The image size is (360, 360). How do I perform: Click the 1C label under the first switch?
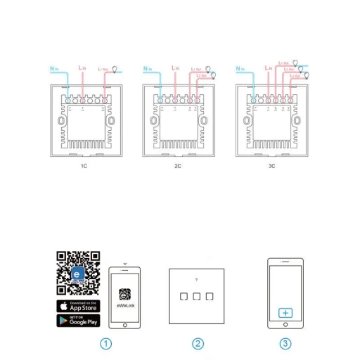click(x=84, y=167)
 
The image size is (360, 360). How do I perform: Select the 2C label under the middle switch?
click(x=178, y=167)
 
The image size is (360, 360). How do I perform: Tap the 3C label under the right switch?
click(x=272, y=167)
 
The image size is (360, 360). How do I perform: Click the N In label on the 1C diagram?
click(x=54, y=69)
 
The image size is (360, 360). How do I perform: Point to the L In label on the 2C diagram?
click(x=175, y=68)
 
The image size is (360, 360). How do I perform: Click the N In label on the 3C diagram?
click(x=240, y=69)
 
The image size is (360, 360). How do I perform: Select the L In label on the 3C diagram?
click(x=268, y=68)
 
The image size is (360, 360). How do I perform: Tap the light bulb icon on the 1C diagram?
click(x=115, y=70)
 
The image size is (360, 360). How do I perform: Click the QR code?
click(x=78, y=274)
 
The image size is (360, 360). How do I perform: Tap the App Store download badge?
click(x=78, y=306)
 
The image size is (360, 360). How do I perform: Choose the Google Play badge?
click(x=78, y=321)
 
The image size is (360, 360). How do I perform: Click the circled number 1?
click(x=106, y=344)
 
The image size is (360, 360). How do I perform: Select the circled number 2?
click(x=198, y=344)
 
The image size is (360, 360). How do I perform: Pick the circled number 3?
click(x=285, y=344)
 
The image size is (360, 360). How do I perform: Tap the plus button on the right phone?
click(x=285, y=313)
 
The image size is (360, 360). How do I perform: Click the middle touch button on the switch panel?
click(x=197, y=296)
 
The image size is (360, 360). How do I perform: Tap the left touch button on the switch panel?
click(x=184, y=296)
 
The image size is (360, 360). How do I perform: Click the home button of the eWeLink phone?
click(x=125, y=325)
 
